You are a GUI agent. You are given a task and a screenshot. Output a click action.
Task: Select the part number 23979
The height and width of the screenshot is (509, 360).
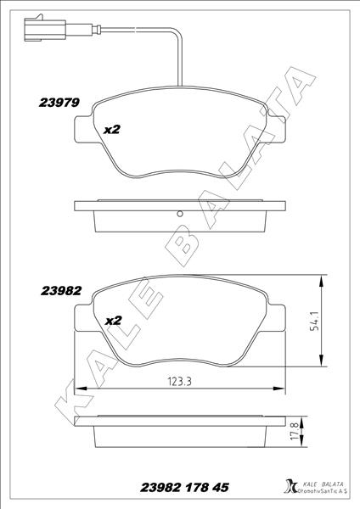59,103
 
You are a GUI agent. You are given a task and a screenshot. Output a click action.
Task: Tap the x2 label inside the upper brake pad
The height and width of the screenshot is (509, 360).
113,130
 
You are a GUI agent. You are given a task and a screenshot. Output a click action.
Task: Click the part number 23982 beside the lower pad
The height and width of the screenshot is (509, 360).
60,290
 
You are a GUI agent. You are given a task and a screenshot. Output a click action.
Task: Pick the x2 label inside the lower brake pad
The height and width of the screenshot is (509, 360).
113,321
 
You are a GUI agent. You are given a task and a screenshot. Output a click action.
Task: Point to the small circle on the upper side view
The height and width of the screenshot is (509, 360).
179,213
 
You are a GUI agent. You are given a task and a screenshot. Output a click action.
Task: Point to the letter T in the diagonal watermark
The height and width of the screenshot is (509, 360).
278,118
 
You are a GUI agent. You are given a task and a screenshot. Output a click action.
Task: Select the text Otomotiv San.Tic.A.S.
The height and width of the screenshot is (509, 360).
320,492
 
